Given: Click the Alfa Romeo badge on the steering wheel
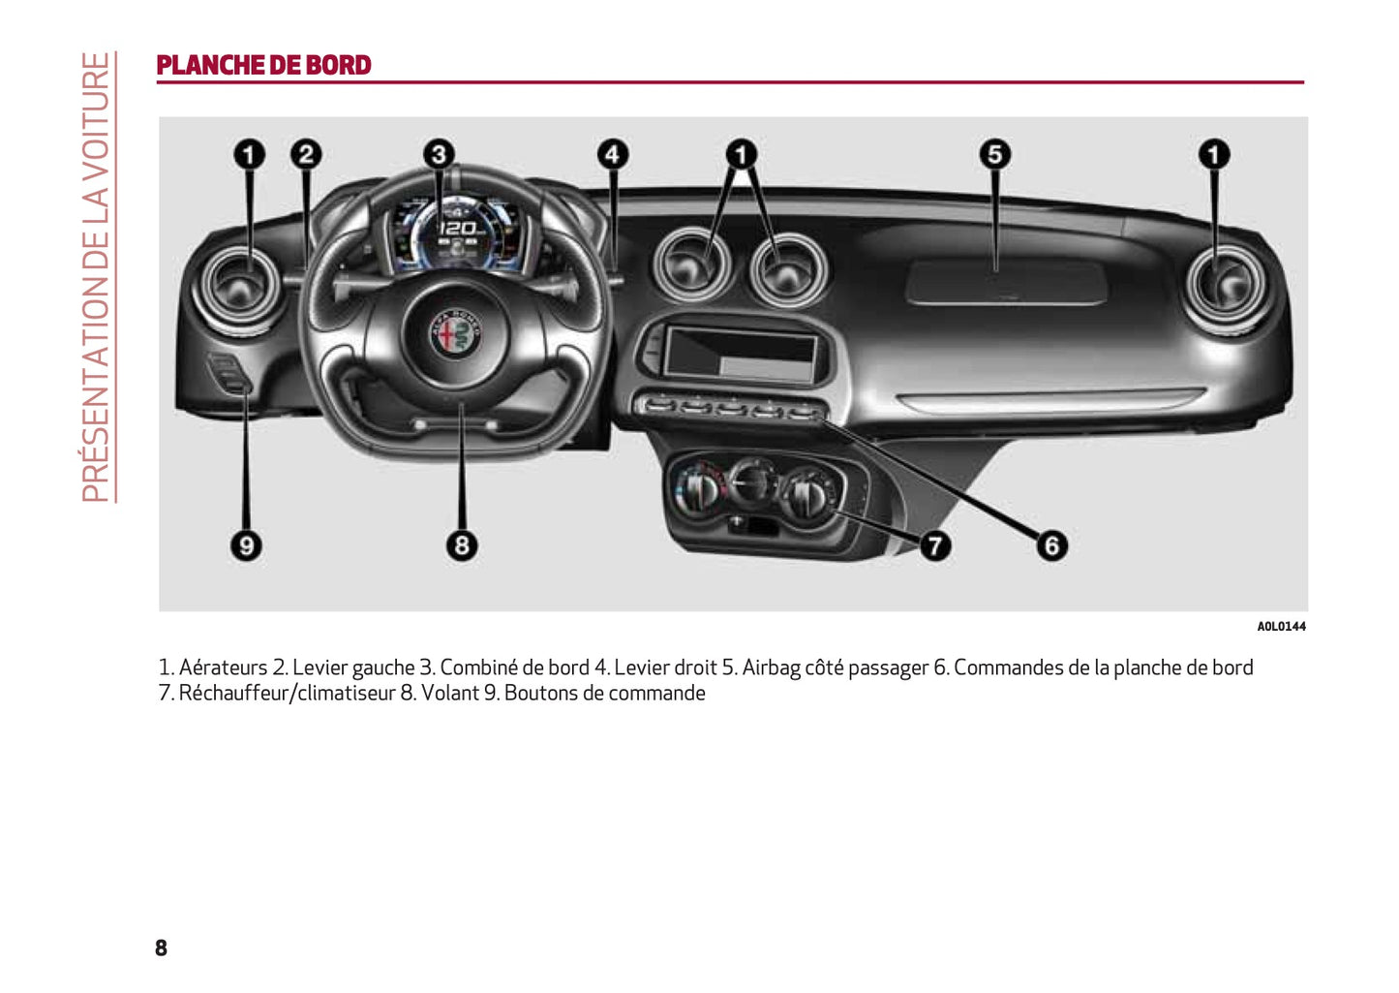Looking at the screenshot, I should click(x=456, y=334).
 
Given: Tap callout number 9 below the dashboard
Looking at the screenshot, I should click(x=246, y=545).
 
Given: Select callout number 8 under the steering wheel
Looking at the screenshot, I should click(x=461, y=545).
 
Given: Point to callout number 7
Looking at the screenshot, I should click(x=933, y=545).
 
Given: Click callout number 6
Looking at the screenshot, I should click(x=1051, y=545).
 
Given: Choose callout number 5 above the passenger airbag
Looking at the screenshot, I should click(x=994, y=154).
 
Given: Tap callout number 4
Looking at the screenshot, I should click(x=612, y=154).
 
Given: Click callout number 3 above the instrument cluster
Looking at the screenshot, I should click(x=439, y=154).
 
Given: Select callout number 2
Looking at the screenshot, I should click(x=306, y=154).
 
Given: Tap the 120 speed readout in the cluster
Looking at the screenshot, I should click(x=458, y=229).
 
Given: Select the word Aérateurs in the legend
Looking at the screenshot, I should click(x=223, y=668).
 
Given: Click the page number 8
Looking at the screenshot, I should click(x=161, y=947).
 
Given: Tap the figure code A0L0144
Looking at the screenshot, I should click(x=1281, y=627).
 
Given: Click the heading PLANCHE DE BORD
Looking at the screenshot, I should click(x=263, y=65).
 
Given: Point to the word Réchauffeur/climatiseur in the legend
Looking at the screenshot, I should click(x=287, y=694).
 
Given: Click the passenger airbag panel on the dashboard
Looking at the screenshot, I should click(x=1005, y=282).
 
